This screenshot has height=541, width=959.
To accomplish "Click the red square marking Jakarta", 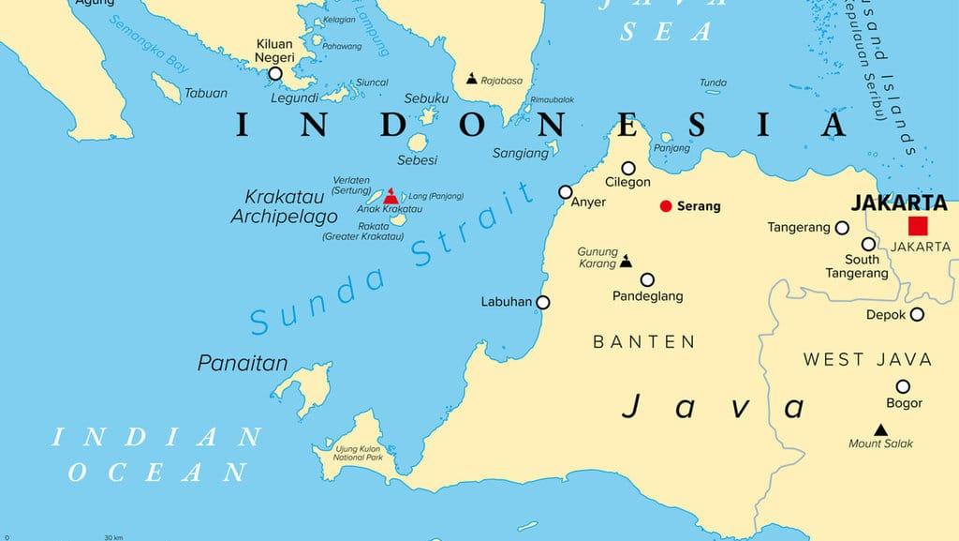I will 917,225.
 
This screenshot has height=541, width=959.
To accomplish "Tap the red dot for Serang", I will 666,205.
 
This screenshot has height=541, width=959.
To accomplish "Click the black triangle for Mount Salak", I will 880,429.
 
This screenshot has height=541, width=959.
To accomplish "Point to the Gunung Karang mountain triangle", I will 626,262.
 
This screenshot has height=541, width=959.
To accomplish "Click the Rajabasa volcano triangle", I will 471,80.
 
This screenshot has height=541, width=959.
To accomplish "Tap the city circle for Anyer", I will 565,191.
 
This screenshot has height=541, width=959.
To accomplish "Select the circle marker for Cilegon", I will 627,168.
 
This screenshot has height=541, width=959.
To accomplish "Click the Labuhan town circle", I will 542,302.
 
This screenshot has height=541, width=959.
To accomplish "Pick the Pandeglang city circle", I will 647,278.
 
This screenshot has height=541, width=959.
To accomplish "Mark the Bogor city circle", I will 903,386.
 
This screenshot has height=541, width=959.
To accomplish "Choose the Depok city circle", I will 917,315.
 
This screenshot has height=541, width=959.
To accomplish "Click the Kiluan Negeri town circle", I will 275,73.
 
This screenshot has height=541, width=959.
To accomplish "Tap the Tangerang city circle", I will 842,227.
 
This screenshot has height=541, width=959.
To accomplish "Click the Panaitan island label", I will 243,363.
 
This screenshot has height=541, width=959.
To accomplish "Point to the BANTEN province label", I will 644,342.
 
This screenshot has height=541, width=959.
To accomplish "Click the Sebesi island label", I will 418,159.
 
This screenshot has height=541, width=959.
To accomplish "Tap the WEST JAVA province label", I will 867,359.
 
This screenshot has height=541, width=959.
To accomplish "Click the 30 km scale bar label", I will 113,537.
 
